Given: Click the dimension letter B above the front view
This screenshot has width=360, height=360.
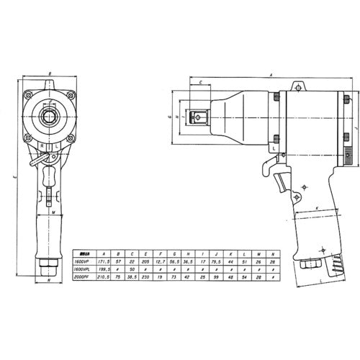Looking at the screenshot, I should coord(48,73).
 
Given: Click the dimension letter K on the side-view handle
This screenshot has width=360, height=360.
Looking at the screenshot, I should coord(315,209).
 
